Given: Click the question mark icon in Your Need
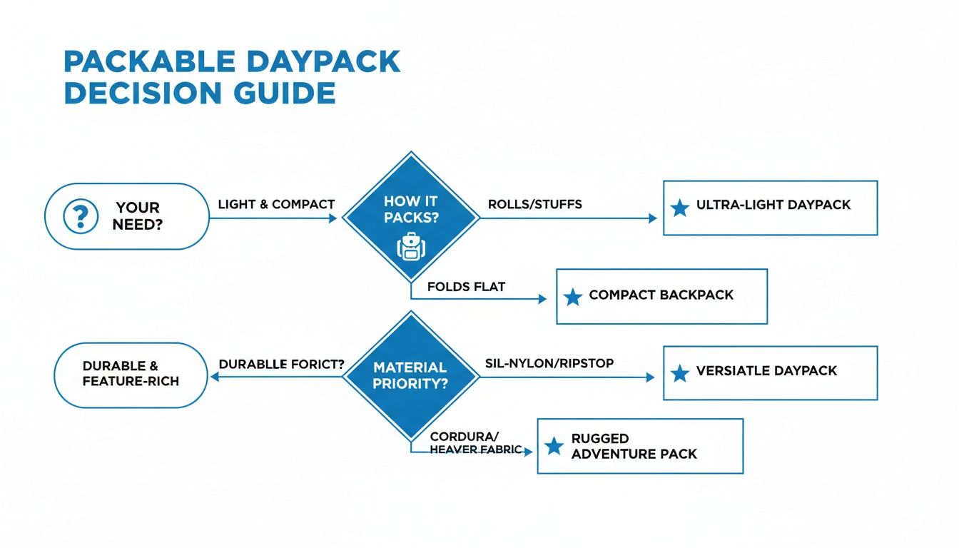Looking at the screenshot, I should [81, 216].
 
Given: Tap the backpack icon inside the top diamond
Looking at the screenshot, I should [410, 248].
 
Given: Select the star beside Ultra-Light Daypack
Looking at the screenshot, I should [680, 208].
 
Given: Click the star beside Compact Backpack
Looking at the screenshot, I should [572, 297].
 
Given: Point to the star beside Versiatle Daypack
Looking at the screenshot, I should [680, 372].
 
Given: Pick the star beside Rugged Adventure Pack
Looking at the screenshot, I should [554, 447].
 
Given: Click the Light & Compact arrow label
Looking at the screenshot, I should [276, 204].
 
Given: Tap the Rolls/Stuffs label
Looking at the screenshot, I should [534, 204].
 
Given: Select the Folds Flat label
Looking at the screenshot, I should [466, 287].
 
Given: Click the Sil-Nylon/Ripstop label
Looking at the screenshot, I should [549, 363].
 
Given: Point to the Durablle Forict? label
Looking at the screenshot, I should [281, 363].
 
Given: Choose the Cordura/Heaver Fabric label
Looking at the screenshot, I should [475, 442].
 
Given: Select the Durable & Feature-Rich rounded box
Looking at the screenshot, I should [131, 375].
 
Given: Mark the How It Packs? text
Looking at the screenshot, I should [410, 209].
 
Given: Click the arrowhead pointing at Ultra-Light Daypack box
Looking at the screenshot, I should [652, 218].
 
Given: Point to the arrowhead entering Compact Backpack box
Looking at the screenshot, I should [542, 300].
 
